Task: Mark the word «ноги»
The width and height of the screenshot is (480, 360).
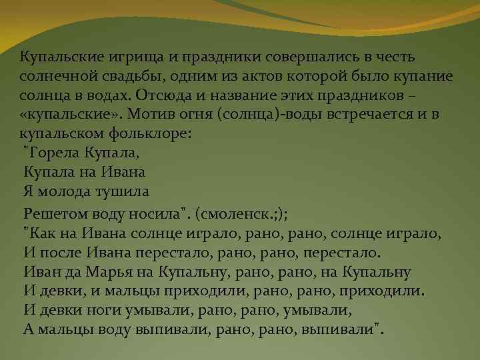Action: pyautogui.click(x=103, y=311)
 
